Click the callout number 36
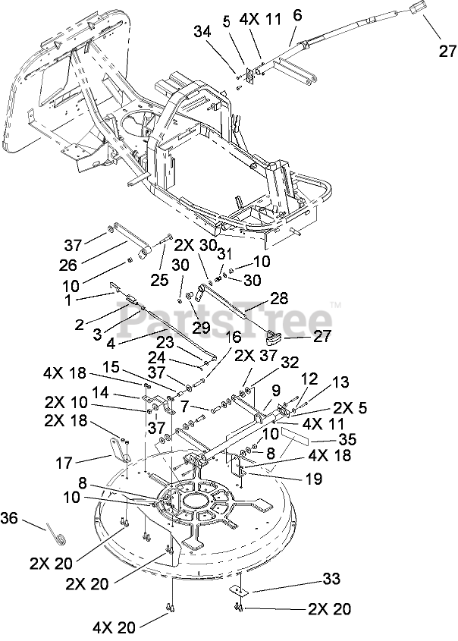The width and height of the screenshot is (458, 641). coord(10,518)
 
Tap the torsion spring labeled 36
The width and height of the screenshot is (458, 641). coord(55,536)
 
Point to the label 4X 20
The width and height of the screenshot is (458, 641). coord(114,627)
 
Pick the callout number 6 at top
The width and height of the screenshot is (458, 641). coord(297,15)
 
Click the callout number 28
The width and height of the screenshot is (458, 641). coord(279,298)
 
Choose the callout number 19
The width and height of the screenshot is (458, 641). coord(314,479)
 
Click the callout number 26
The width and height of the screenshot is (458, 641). coord(67,266)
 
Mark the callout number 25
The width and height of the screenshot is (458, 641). coord(159,280)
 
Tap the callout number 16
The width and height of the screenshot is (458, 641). coord(233,338)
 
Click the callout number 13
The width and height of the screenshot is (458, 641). coord(340,382)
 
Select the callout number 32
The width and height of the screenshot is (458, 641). coord(290,363)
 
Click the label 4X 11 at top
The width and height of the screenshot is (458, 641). coord(260,19)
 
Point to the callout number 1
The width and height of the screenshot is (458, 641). coord(67,300)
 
